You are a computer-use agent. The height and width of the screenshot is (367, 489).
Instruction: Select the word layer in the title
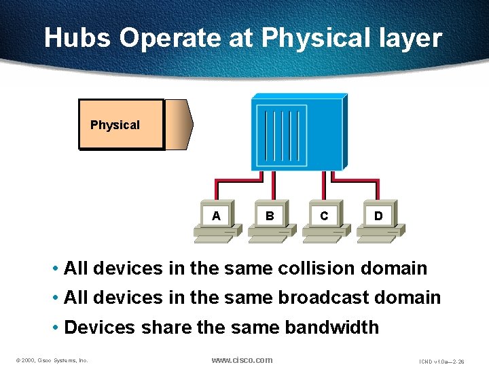coord(407,38)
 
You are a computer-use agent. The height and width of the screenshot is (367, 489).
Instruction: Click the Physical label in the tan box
coord(115,125)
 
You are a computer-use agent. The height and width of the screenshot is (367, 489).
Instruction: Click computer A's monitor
coord(216,215)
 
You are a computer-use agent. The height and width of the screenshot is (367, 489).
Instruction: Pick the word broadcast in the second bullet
coord(315,298)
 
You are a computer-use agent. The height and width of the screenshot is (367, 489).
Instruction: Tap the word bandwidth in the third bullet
coord(331,328)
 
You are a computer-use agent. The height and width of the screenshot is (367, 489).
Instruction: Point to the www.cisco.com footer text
coord(242,360)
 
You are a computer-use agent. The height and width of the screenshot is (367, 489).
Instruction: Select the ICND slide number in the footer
coord(441,361)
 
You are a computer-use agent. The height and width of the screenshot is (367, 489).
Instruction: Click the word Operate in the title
coord(171,38)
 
